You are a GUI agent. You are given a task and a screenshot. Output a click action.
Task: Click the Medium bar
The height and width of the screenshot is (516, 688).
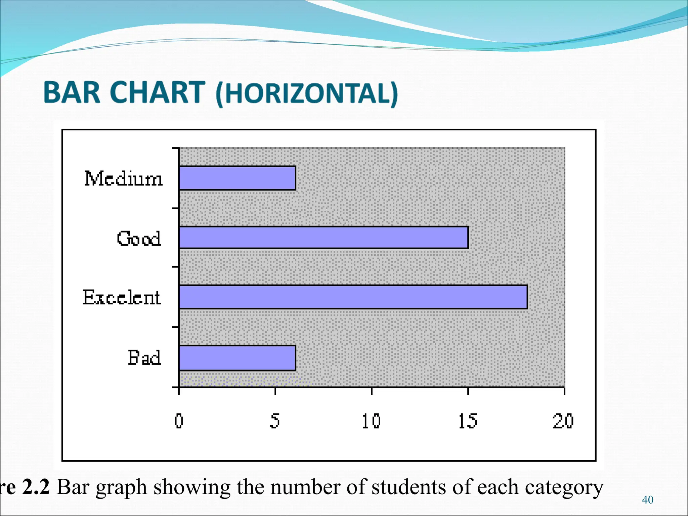coord(237,178)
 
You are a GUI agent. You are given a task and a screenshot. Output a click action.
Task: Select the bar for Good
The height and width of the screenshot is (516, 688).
coord(324,238)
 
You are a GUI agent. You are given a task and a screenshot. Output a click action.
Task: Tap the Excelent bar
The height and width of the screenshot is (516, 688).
coord(353,297)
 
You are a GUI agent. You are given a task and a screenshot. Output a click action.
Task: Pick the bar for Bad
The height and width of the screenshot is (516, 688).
coord(237,358)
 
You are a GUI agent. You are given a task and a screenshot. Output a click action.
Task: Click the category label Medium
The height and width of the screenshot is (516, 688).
coord(123,178)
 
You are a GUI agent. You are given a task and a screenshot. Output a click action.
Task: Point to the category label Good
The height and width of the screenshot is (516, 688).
coord(139,239)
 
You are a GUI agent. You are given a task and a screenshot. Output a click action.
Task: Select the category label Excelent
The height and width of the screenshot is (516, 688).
coord(122,297)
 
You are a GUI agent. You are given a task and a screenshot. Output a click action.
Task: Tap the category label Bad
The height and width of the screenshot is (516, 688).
coord(144,357)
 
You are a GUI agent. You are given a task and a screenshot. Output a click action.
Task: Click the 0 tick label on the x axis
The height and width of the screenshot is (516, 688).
coord(179,421)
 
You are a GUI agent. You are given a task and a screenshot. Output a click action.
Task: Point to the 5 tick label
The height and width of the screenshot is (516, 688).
coord(275,421)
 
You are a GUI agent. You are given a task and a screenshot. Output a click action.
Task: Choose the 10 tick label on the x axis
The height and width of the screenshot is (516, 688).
coord(371,421)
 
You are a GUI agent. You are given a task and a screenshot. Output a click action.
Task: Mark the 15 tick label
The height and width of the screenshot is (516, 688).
coord(468,421)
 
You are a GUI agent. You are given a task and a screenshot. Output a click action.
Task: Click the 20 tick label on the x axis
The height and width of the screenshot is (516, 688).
coord(563,421)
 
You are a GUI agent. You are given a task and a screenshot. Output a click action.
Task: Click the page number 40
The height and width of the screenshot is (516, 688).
coord(647,500)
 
